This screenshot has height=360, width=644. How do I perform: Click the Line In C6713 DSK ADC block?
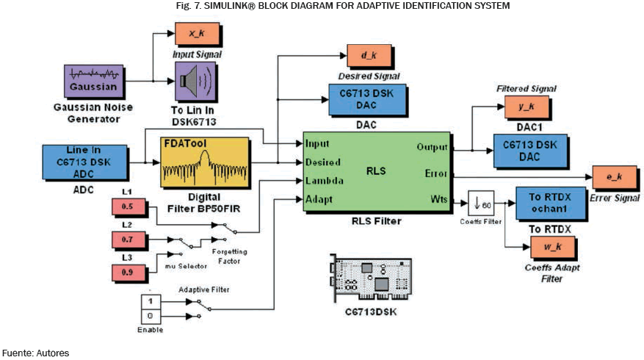click(87, 162)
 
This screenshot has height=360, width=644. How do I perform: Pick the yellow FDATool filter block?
click(204, 162)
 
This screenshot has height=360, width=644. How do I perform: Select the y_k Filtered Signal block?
click(524, 107)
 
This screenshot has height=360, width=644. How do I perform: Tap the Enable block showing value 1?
click(151, 300)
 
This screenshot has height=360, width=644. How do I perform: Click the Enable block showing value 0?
click(151, 317)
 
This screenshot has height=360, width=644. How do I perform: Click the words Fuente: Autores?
click(35, 353)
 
